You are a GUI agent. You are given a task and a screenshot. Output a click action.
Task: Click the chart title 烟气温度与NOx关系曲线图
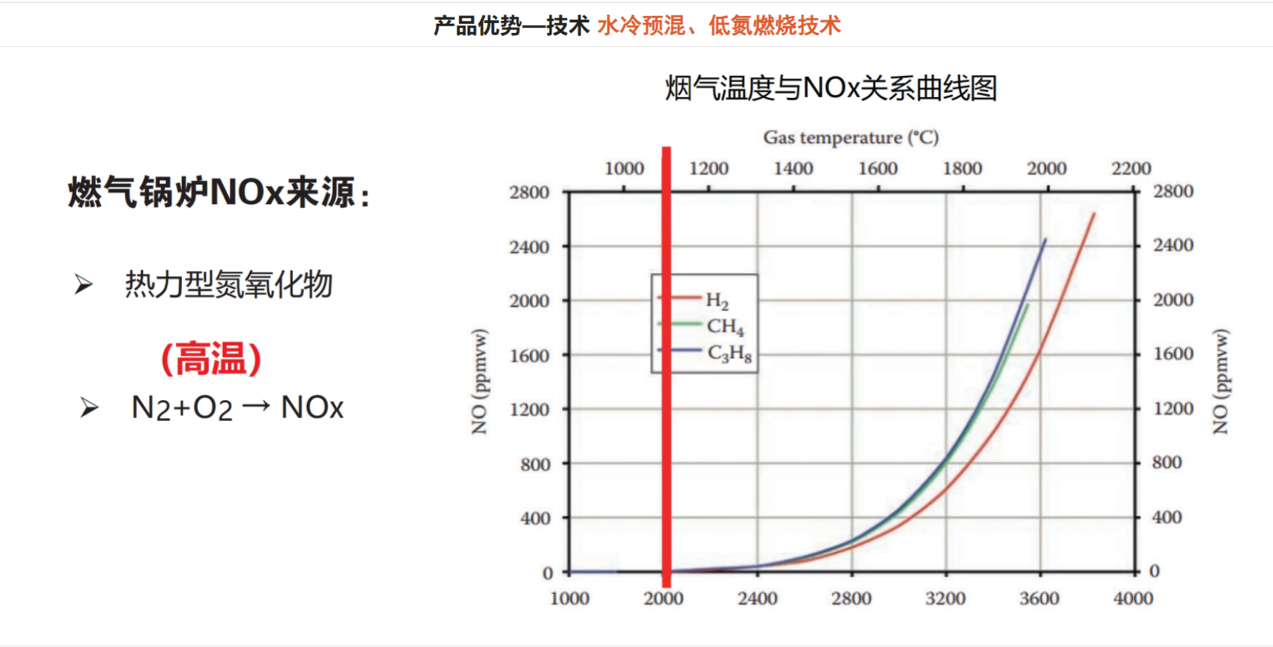831,88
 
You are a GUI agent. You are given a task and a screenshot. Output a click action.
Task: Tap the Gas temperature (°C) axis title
850,137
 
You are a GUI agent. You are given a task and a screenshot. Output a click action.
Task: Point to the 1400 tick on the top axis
793,169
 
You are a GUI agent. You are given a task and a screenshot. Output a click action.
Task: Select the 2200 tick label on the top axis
1130,169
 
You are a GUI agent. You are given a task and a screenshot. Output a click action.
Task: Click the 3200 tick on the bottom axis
945,598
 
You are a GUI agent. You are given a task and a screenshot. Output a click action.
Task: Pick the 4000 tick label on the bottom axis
1133,598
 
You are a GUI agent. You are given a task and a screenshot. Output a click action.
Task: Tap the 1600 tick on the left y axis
529,356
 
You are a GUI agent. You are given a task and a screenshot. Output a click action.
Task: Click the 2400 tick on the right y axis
1173,245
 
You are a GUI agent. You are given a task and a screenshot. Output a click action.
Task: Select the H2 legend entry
717,301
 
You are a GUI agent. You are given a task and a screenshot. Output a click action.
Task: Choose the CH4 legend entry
725,327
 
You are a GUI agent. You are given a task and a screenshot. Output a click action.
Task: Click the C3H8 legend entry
729,353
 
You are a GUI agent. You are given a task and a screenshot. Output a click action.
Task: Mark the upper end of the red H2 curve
1094,214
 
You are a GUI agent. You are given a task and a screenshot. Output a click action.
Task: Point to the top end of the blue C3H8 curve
1045,241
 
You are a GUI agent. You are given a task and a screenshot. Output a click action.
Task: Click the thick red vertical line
666,367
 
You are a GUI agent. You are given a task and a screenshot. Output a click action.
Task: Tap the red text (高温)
211,358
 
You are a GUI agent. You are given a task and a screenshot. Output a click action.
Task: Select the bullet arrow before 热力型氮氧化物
84,285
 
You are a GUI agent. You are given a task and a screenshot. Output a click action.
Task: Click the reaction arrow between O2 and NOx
255,406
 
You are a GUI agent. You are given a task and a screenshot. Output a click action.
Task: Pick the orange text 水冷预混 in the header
641,26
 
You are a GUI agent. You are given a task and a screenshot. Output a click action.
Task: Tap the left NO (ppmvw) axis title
480,382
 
